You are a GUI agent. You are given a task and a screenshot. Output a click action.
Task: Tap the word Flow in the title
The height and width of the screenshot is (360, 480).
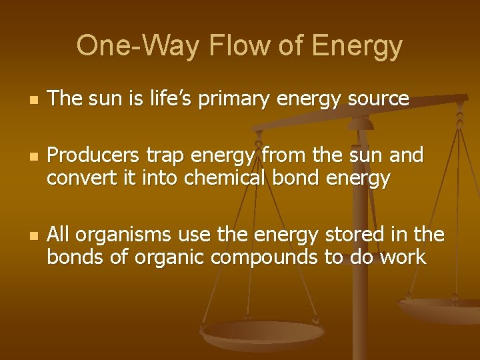227,46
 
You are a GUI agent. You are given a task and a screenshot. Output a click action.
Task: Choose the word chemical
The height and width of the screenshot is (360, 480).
219,178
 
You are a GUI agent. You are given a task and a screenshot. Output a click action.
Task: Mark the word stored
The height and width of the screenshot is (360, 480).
356,235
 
